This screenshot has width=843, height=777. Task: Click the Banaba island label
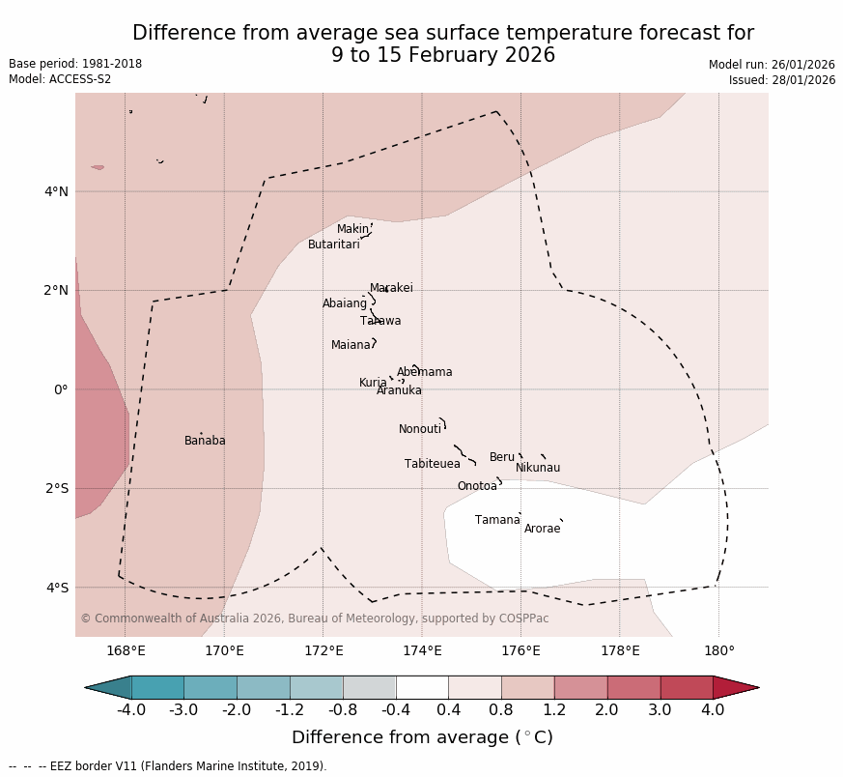(x=205, y=441)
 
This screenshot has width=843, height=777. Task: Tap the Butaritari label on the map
(x=333, y=245)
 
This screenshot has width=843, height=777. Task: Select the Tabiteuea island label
(x=432, y=464)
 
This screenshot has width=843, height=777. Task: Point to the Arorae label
(x=542, y=529)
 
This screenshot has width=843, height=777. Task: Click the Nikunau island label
(x=537, y=468)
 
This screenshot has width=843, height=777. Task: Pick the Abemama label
(x=424, y=372)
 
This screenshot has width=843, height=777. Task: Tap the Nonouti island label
(x=419, y=429)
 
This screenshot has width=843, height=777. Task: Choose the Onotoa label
(x=477, y=486)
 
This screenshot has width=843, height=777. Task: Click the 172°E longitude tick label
(x=323, y=650)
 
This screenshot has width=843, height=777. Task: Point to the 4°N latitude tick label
(x=56, y=191)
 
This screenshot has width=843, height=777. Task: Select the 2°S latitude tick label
(x=56, y=488)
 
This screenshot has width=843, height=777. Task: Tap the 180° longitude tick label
(x=718, y=650)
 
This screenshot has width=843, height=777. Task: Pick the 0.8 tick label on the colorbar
(x=501, y=710)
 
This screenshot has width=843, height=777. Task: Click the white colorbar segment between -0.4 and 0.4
(x=422, y=687)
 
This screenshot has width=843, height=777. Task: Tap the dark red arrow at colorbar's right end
(x=735, y=687)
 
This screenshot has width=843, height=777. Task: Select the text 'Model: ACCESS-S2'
(x=60, y=79)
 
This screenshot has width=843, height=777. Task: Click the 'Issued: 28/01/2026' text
(x=781, y=80)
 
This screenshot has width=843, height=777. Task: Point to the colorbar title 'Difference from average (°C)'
(x=422, y=737)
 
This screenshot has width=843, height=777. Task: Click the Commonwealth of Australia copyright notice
(x=314, y=619)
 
